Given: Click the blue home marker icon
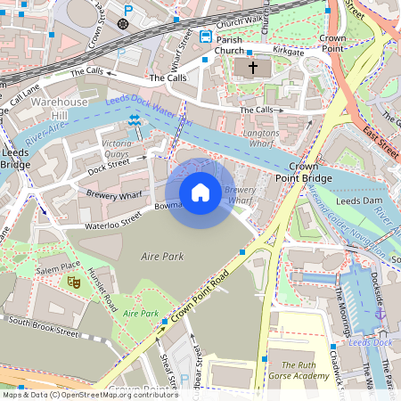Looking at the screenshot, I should [200, 192].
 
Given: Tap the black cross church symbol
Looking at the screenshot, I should [252, 68].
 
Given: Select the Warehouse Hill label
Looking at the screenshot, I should [61, 109].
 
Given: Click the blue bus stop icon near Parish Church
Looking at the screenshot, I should [206, 37].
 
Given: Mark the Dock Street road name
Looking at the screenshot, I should [109, 167].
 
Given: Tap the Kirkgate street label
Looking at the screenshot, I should [289, 53].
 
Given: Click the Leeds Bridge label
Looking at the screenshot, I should [16, 158].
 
